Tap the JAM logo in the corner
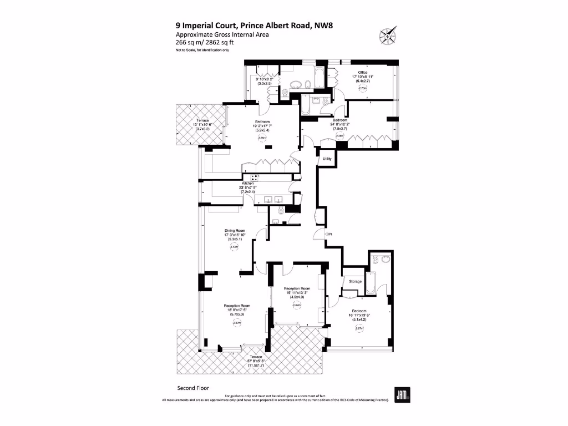tap(402, 394)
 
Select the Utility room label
tap(327, 159)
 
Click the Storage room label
tap(355, 281)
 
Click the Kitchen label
tap(247, 183)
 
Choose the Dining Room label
tap(235, 230)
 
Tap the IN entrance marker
tap(329, 234)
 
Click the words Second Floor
tap(193, 388)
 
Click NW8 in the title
tap(322, 24)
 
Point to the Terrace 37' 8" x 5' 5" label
tap(255, 357)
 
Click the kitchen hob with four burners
tap(255, 178)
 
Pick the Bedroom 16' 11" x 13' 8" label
tap(358, 311)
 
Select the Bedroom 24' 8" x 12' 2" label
tap(340, 120)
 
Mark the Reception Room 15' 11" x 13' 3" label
tap(296, 288)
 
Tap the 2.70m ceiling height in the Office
tap(363, 88)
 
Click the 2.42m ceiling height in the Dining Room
tap(234, 248)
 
